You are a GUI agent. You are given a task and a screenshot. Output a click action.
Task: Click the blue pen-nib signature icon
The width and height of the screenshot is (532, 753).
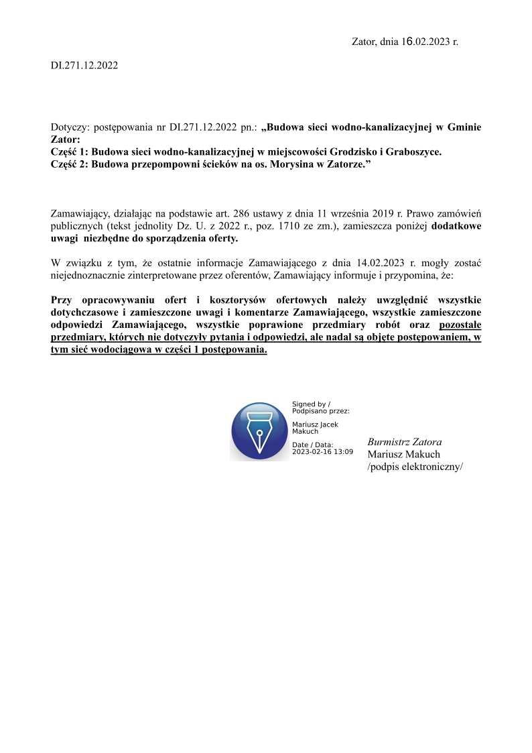(x=259, y=431)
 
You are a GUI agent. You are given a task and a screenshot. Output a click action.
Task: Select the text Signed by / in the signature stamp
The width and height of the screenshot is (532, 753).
(x=311, y=404)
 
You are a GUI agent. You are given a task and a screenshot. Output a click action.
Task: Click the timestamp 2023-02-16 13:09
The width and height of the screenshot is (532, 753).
(x=322, y=451)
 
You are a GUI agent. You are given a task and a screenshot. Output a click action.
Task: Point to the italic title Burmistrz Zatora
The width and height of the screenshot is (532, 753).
(x=405, y=442)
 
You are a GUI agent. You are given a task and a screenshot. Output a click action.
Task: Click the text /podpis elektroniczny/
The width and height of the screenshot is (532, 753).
(x=415, y=467)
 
